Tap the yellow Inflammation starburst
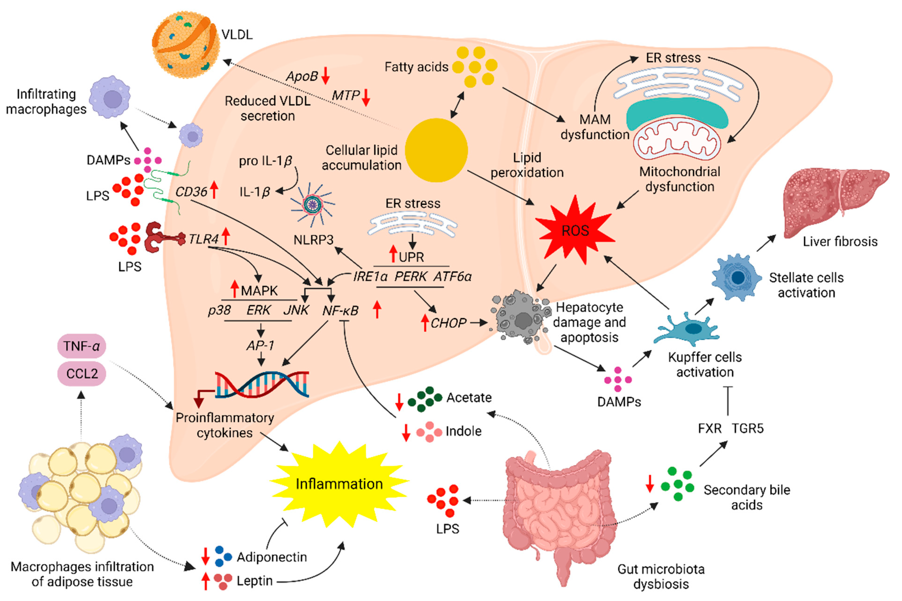[339, 484]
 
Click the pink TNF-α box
[81, 346]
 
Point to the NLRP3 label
[313, 240]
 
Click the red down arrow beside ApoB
[326, 76]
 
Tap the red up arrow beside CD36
[214, 190]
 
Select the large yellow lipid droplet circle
[436, 150]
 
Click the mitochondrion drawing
[677, 140]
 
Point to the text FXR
[710, 428]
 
